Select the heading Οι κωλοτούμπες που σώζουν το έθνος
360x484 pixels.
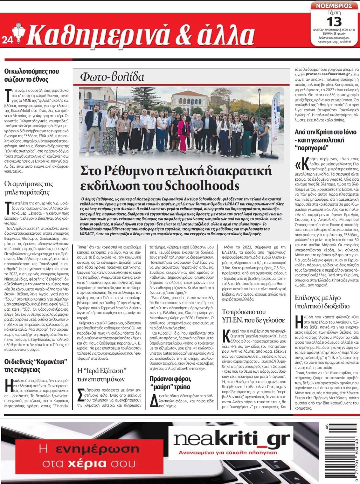(31, 75)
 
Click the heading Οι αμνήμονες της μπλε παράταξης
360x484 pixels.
(29, 188)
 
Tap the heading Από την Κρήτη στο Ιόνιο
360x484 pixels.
(325, 140)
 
